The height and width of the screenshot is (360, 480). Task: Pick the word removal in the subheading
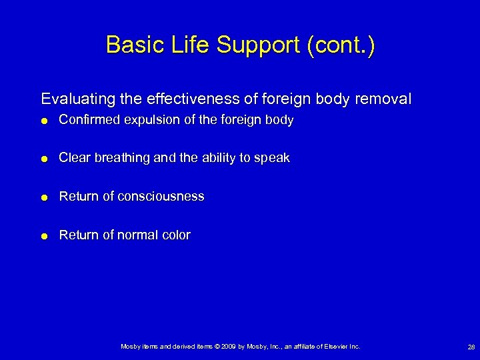point(385,99)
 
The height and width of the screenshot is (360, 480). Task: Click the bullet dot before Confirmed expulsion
point(44,121)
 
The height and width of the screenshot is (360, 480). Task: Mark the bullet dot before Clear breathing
point(44,159)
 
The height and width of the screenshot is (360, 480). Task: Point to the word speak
point(274,159)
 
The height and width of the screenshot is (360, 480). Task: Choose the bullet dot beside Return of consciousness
point(44,197)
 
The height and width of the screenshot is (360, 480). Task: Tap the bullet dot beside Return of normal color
point(44,235)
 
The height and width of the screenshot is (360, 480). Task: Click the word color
point(175,235)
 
